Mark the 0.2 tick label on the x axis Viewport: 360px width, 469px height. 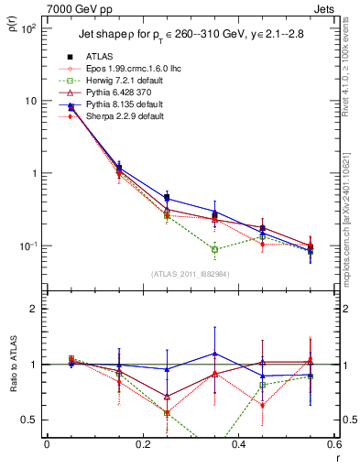(142, 445)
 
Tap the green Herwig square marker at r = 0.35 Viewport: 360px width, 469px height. (214, 249)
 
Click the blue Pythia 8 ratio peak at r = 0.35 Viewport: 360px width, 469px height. (214, 354)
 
